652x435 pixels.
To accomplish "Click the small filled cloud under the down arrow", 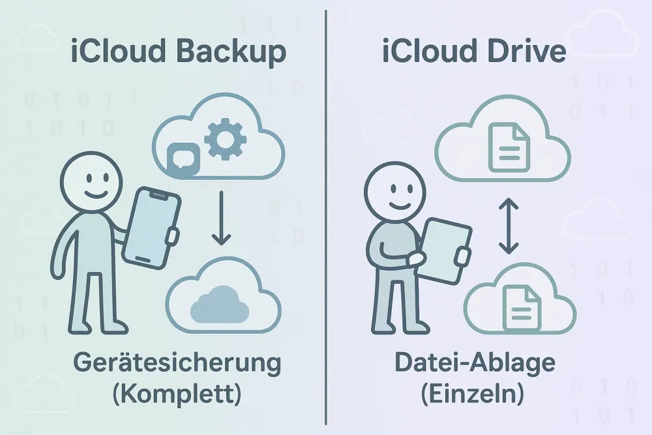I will pyautogui.click(x=222, y=303).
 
